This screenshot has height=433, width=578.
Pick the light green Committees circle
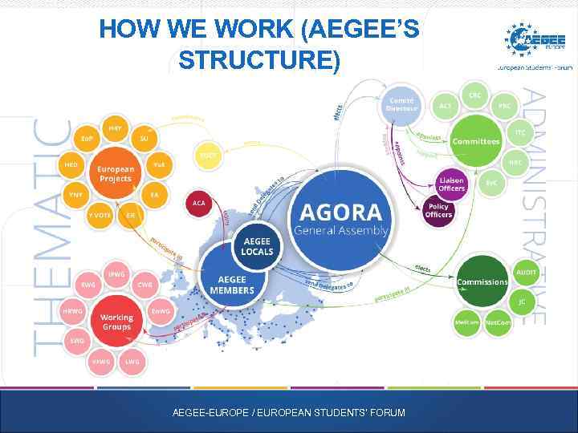point(476,141)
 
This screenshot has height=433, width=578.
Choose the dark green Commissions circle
point(482,281)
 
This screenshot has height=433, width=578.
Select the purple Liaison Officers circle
point(451,184)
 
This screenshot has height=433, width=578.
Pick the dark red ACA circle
point(198,204)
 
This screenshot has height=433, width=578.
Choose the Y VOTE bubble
point(100,216)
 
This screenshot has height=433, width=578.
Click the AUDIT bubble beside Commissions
point(526,273)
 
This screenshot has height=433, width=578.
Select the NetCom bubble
point(498,322)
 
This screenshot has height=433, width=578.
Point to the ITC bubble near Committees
point(519,131)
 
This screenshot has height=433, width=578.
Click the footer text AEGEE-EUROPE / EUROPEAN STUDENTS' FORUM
point(289,413)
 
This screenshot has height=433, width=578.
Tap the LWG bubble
point(132,362)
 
